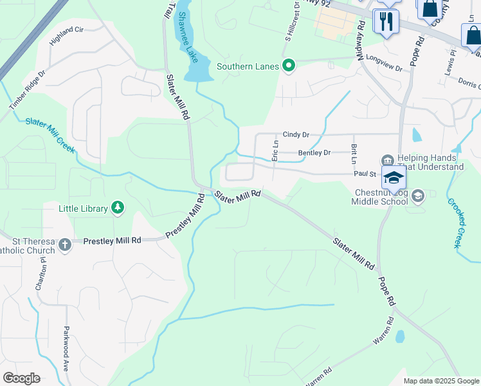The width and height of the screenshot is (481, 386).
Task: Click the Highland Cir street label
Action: point(67,39)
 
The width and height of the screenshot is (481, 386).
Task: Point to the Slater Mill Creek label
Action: point(50,136)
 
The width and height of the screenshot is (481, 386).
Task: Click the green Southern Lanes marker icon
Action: point(289,66)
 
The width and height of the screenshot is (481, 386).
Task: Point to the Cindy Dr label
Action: point(296,134)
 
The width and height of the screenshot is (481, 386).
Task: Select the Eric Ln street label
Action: point(275,151)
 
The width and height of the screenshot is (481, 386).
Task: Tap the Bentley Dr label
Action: point(314,153)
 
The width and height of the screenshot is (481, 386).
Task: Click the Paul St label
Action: point(363,173)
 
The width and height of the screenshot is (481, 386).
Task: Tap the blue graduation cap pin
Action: point(393,178)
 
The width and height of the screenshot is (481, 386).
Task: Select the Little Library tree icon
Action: point(117,207)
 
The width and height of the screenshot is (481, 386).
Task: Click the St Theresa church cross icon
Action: point(64,244)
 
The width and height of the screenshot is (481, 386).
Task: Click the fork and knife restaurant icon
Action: point(386,20)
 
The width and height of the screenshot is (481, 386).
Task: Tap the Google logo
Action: point(21,378)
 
